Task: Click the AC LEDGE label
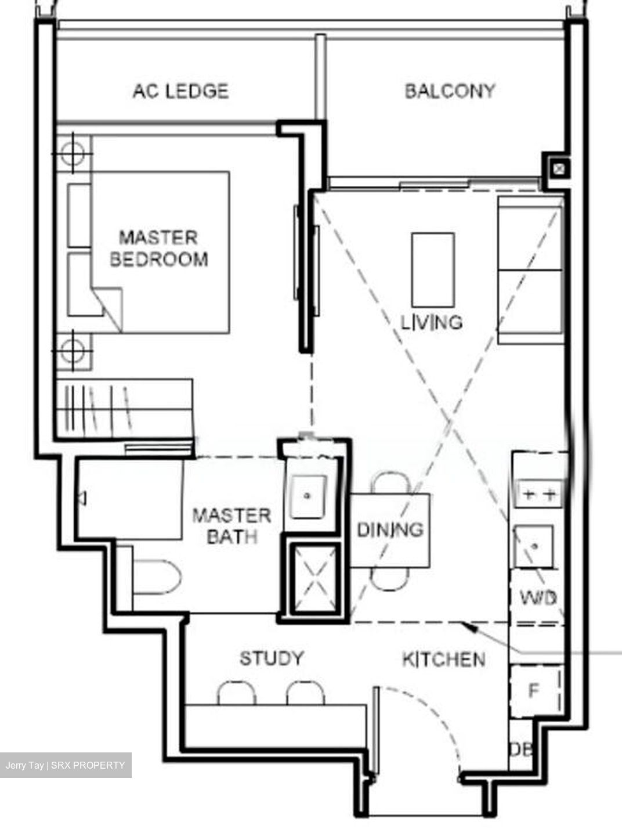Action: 180,91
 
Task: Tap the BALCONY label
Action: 450,91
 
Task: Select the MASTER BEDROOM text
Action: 158,248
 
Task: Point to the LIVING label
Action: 432,322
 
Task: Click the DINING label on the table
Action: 390,529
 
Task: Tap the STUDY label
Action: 272,658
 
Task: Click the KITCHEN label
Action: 444,659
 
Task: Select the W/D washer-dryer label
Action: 537,597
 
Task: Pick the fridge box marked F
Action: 534,691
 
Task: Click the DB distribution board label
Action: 520,749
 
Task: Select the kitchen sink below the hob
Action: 534,546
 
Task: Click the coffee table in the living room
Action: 433,270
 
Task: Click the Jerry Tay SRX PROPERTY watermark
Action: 66,765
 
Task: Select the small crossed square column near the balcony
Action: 558,169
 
